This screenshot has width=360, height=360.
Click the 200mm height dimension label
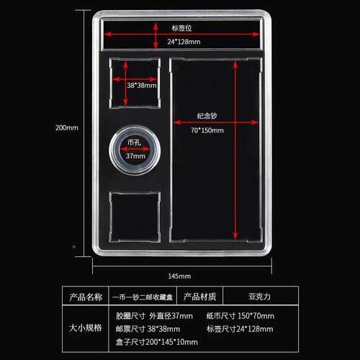point(67,127)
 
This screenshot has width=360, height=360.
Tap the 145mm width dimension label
point(179,276)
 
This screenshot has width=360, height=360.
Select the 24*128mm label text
point(184,42)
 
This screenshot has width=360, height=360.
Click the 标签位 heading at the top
point(181,28)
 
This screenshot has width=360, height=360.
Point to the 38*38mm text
point(142,85)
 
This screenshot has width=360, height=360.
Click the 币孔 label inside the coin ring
point(134,143)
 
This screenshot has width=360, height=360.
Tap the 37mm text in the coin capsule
point(135,156)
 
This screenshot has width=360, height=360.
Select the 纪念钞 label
point(207,116)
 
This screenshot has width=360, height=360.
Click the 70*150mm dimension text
point(207,130)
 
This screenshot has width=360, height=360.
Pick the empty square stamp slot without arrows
point(135,217)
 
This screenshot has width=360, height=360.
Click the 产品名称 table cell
point(86,297)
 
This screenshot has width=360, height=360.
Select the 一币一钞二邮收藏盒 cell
point(143,297)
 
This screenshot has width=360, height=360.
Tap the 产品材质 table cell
point(199,297)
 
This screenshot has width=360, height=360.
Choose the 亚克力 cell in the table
point(259,297)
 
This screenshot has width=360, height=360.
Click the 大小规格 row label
point(86,328)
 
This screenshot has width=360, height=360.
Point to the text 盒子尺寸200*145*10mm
point(157,342)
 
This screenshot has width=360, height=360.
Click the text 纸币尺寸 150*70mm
point(240,316)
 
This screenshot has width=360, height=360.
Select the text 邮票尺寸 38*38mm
point(148,329)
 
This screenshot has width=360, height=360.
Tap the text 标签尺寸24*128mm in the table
point(240,329)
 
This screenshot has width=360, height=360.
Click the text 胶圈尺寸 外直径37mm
point(154,316)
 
